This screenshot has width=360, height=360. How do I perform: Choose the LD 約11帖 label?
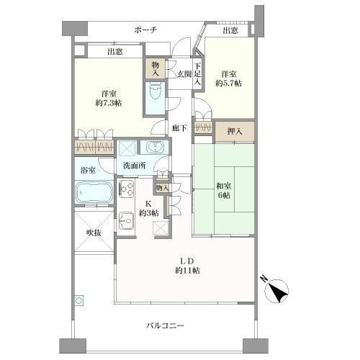coord(186,264)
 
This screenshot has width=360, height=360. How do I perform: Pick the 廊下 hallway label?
coord(180,128)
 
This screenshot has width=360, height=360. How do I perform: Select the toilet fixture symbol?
coord(155,92)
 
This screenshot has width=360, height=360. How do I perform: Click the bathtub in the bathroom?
coord(94,193)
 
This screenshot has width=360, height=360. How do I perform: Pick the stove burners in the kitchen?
coord(127,189)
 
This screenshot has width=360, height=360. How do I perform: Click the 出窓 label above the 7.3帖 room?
coord(115,52)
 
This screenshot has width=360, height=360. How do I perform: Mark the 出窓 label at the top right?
coord(230,31)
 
